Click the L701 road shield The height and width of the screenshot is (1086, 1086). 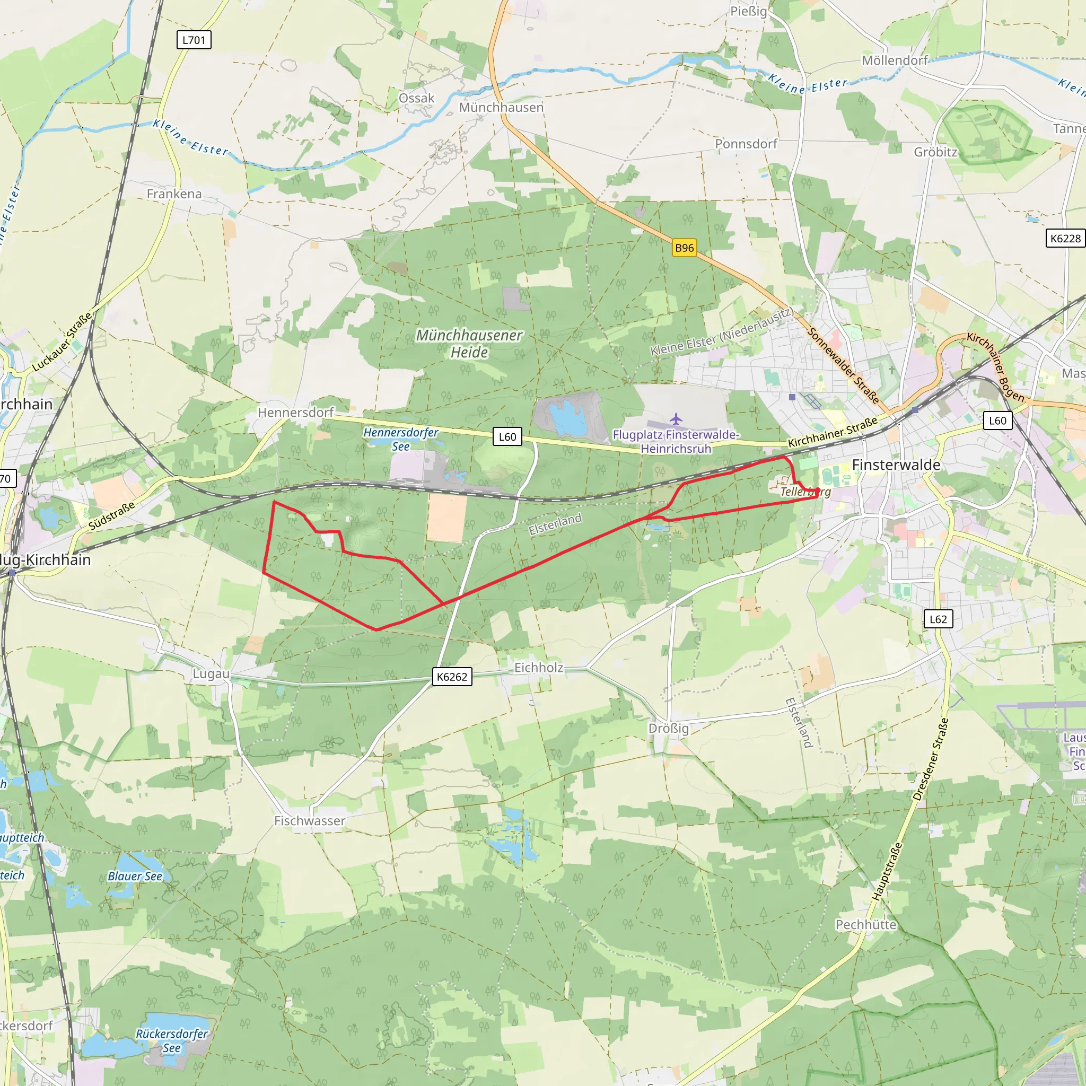pos(194,40)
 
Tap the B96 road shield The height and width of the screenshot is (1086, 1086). pos(684,248)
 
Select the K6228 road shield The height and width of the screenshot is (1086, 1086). pos(1065,238)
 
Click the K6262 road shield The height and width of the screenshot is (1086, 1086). pos(452,677)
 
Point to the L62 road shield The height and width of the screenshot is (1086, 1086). pos(938,619)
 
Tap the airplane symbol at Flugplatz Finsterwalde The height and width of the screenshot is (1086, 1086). pos(676,419)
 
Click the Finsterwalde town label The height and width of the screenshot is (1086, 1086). pos(896,465)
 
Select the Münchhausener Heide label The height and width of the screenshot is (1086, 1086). pos(469,344)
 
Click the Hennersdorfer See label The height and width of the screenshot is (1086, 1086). pos(400,439)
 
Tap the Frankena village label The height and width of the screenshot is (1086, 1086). pos(174,194)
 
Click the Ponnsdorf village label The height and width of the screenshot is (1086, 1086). pos(746,144)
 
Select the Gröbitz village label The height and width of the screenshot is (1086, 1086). pos(935,152)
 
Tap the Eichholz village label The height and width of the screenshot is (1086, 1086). pos(539,668)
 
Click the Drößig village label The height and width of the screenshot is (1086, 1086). pos(668,729)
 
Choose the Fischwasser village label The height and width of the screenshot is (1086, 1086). pos(310,821)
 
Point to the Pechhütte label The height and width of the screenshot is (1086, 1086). pos(865,925)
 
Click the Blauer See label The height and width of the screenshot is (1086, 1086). pos(135,877)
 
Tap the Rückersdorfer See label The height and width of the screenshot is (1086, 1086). pos(172,1040)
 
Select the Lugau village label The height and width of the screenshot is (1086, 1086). pos(211,674)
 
